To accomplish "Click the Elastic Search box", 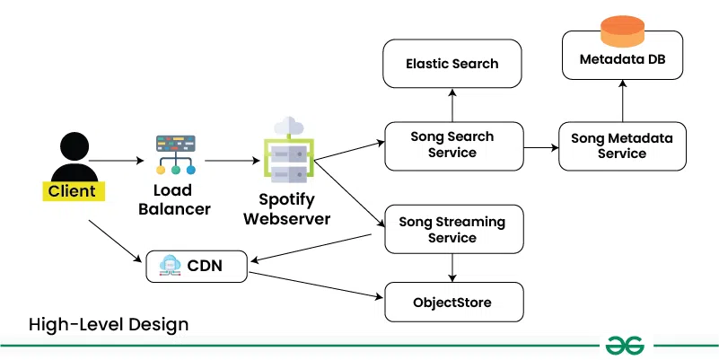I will pyautogui.click(x=452, y=64).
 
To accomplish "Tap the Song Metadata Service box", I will pyautogui.click(x=621, y=145).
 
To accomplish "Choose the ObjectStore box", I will pyautogui.click(x=452, y=302).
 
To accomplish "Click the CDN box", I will pyautogui.click(x=196, y=266).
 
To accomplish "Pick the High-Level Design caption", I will pyautogui.click(x=109, y=324).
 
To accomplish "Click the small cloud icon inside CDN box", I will pyautogui.click(x=170, y=266).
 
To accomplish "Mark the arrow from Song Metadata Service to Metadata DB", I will pyautogui.click(x=621, y=99).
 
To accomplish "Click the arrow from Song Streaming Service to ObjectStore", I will pyautogui.click(x=452, y=266).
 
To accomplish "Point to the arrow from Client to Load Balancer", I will pyautogui.click(x=116, y=161).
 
